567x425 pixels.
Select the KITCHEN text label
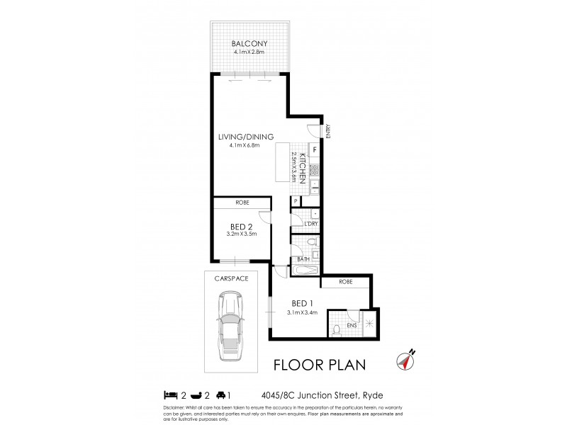click(x=302, y=168)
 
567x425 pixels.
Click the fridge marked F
click(x=315, y=151)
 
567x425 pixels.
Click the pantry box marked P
click(x=295, y=202)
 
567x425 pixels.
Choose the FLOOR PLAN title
click(x=319, y=365)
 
